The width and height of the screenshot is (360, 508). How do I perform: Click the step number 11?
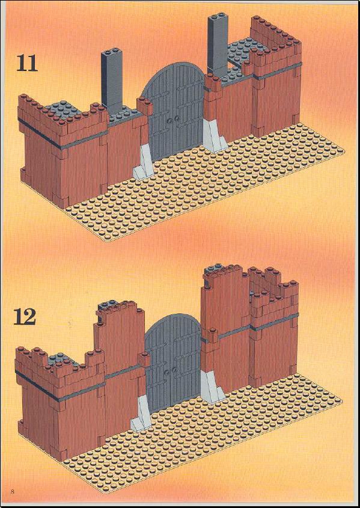coord(27,64)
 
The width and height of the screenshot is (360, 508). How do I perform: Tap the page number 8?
coord(13,491)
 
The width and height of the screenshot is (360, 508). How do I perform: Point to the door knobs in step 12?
coord(171,371)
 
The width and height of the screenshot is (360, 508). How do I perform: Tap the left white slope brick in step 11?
coord(143,162)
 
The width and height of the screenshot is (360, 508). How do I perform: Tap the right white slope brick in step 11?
coord(215,135)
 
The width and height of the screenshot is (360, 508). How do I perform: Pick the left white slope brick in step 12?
coord(141,414)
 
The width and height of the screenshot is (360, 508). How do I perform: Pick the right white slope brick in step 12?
coord(212,387)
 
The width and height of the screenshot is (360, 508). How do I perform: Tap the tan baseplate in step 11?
coord(204,182)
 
